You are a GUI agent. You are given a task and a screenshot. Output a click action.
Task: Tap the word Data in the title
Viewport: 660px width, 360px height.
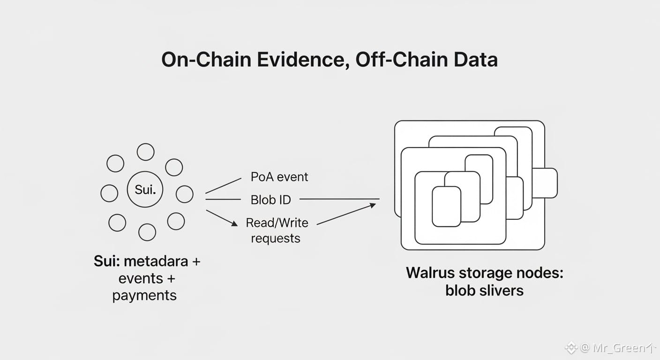[x=476, y=60]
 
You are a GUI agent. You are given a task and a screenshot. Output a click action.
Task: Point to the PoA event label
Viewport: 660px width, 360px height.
[x=279, y=177]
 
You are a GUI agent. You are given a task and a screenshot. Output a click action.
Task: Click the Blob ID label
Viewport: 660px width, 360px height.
[x=271, y=200]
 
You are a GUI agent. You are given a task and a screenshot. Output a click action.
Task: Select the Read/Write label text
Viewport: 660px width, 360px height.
[x=277, y=223]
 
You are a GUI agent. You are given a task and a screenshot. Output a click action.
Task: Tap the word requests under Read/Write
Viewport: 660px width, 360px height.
[x=276, y=239]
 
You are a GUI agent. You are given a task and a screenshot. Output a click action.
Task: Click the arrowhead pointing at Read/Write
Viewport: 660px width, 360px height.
[x=234, y=224]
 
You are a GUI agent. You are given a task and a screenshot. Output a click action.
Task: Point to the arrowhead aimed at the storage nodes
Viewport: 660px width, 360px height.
[x=373, y=205]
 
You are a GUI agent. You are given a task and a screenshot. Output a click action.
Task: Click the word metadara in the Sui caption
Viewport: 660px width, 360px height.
[x=156, y=261]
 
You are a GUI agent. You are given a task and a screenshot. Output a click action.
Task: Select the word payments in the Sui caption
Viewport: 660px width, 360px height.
[x=144, y=295]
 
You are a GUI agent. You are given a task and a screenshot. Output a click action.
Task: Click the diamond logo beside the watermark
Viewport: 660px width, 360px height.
[x=571, y=348]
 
